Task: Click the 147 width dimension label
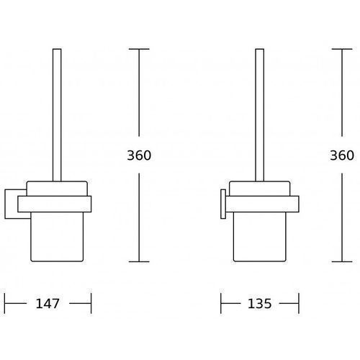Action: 48,304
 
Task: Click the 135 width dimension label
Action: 259,304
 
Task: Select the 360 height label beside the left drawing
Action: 139,156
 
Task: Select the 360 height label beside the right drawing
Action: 342,156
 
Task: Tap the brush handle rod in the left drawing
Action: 57,114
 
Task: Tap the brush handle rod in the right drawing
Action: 260,114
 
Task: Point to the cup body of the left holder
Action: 57,237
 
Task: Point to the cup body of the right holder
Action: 260,237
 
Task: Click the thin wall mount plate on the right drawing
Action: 223,204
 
